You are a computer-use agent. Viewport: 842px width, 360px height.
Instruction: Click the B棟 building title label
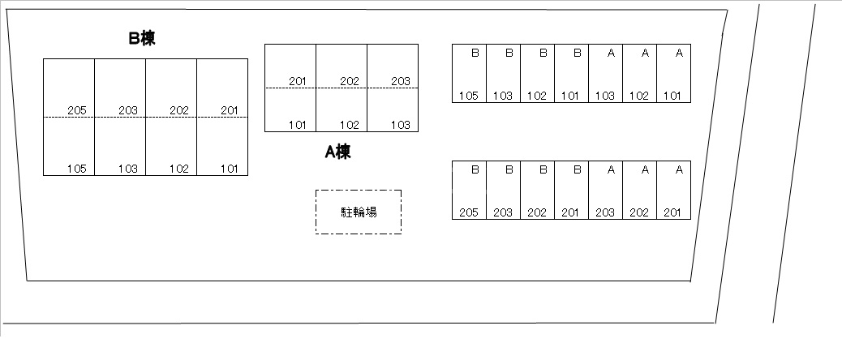pyautogui.click(x=141, y=38)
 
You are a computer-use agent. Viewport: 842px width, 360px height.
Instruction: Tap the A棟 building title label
pyautogui.click(x=337, y=152)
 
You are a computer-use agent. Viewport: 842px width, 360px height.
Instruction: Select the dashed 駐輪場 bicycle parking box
pyautogui.click(x=359, y=212)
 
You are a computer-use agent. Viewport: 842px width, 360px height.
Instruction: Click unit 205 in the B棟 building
pyautogui.click(x=69, y=88)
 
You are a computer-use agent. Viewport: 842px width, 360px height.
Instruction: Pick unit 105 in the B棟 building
pyautogui.click(x=69, y=147)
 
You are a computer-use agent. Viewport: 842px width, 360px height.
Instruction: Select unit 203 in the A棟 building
pyautogui.click(x=393, y=66)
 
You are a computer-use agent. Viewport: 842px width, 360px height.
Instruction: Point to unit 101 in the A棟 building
pyautogui.click(x=290, y=109)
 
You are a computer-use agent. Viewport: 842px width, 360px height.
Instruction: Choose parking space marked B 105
pyautogui.click(x=469, y=73)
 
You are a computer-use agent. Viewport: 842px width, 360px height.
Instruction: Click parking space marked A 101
pyautogui.click(x=673, y=73)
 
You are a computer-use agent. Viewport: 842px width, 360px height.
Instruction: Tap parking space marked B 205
pyautogui.click(x=469, y=190)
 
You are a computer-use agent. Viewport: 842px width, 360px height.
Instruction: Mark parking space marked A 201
pyautogui.click(x=673, y=190)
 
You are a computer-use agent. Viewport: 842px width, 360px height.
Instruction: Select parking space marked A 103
pyautogui.click(x=605, y=73)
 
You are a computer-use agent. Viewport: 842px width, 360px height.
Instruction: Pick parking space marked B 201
pyautogui.click(x=571, y=190)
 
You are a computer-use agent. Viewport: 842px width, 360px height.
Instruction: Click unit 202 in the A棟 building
pyautogui.click(x=342, y=66)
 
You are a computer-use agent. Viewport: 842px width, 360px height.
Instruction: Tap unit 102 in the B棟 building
pyautogui.click(x=171, y=147)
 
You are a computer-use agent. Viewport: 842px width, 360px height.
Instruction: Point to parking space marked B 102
pyautogui.click(x=537, y=73)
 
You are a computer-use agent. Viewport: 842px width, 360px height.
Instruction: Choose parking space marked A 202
pyautogui.click(x=639, y=190)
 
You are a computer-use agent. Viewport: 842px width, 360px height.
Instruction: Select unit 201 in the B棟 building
pyautogui.click(x=222, y=88)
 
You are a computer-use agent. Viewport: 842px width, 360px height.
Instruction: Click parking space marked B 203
pyautogui.click(x=503, y=190)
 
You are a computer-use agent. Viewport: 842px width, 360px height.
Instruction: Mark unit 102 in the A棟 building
pyautogui.click(x=342, y=109)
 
